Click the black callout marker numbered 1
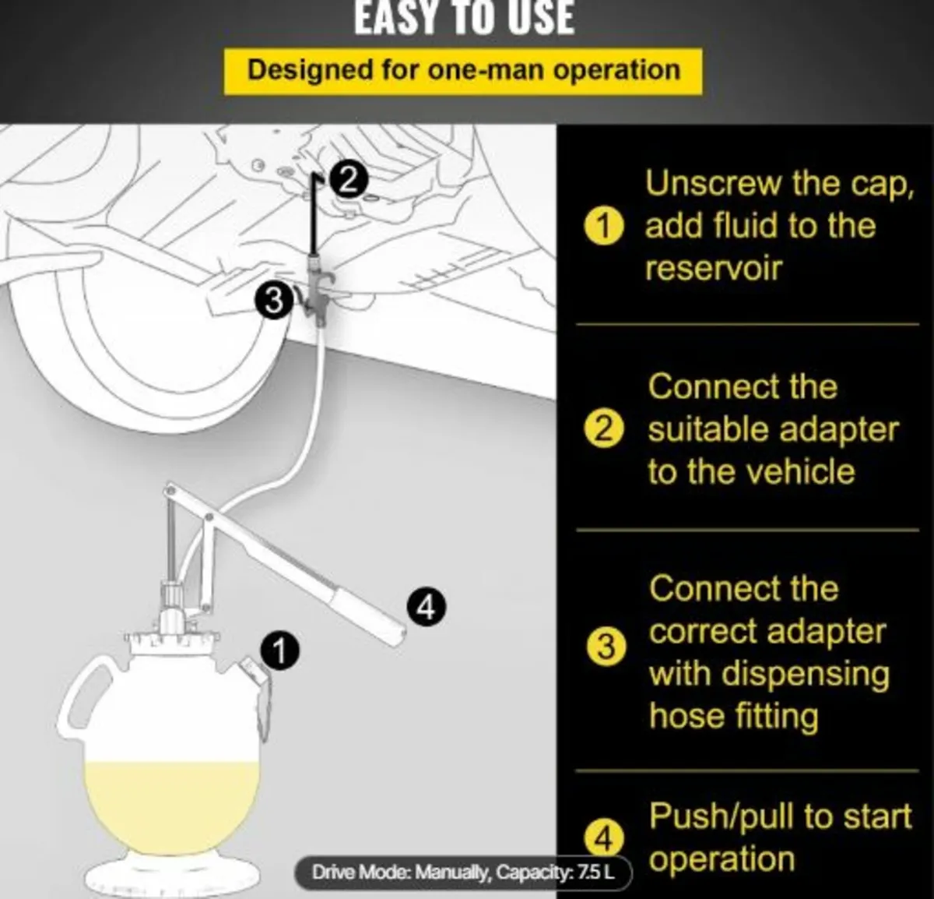[x=281, y=650]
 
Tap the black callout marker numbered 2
[x=348, y=180]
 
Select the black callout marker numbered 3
[x=273, y=301]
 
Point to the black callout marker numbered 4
[x=426, y=606]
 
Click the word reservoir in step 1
[x=713, y=269]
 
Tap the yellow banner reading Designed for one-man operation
[x=463, y=71]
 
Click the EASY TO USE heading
[x=465, y=19]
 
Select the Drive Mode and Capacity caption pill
[x=463, y=873]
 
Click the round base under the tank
[x=173, y=876]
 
